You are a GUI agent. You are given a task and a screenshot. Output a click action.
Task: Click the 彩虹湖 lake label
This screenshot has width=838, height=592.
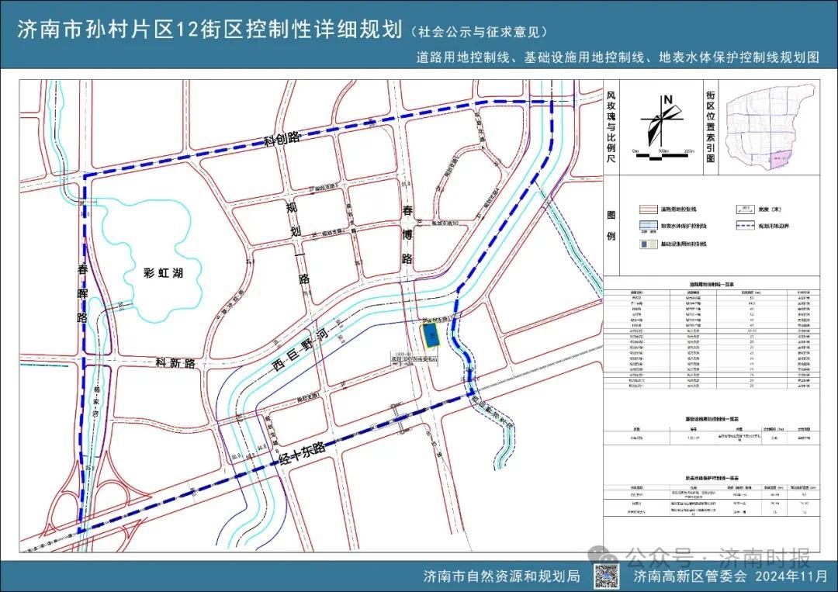point(164,272)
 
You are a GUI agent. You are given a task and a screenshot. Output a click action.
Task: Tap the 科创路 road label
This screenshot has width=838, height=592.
point(281,140)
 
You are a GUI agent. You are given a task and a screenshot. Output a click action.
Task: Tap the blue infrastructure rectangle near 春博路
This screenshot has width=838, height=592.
point(429,338)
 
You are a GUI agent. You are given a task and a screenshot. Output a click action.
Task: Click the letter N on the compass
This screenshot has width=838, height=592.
point(667,99)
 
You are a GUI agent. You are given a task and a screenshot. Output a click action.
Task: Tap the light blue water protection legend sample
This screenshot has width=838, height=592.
point(649,227)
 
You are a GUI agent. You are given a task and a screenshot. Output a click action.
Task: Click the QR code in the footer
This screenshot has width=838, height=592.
point(610,576)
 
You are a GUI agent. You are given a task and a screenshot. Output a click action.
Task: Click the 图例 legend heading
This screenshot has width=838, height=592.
point(611,225)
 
